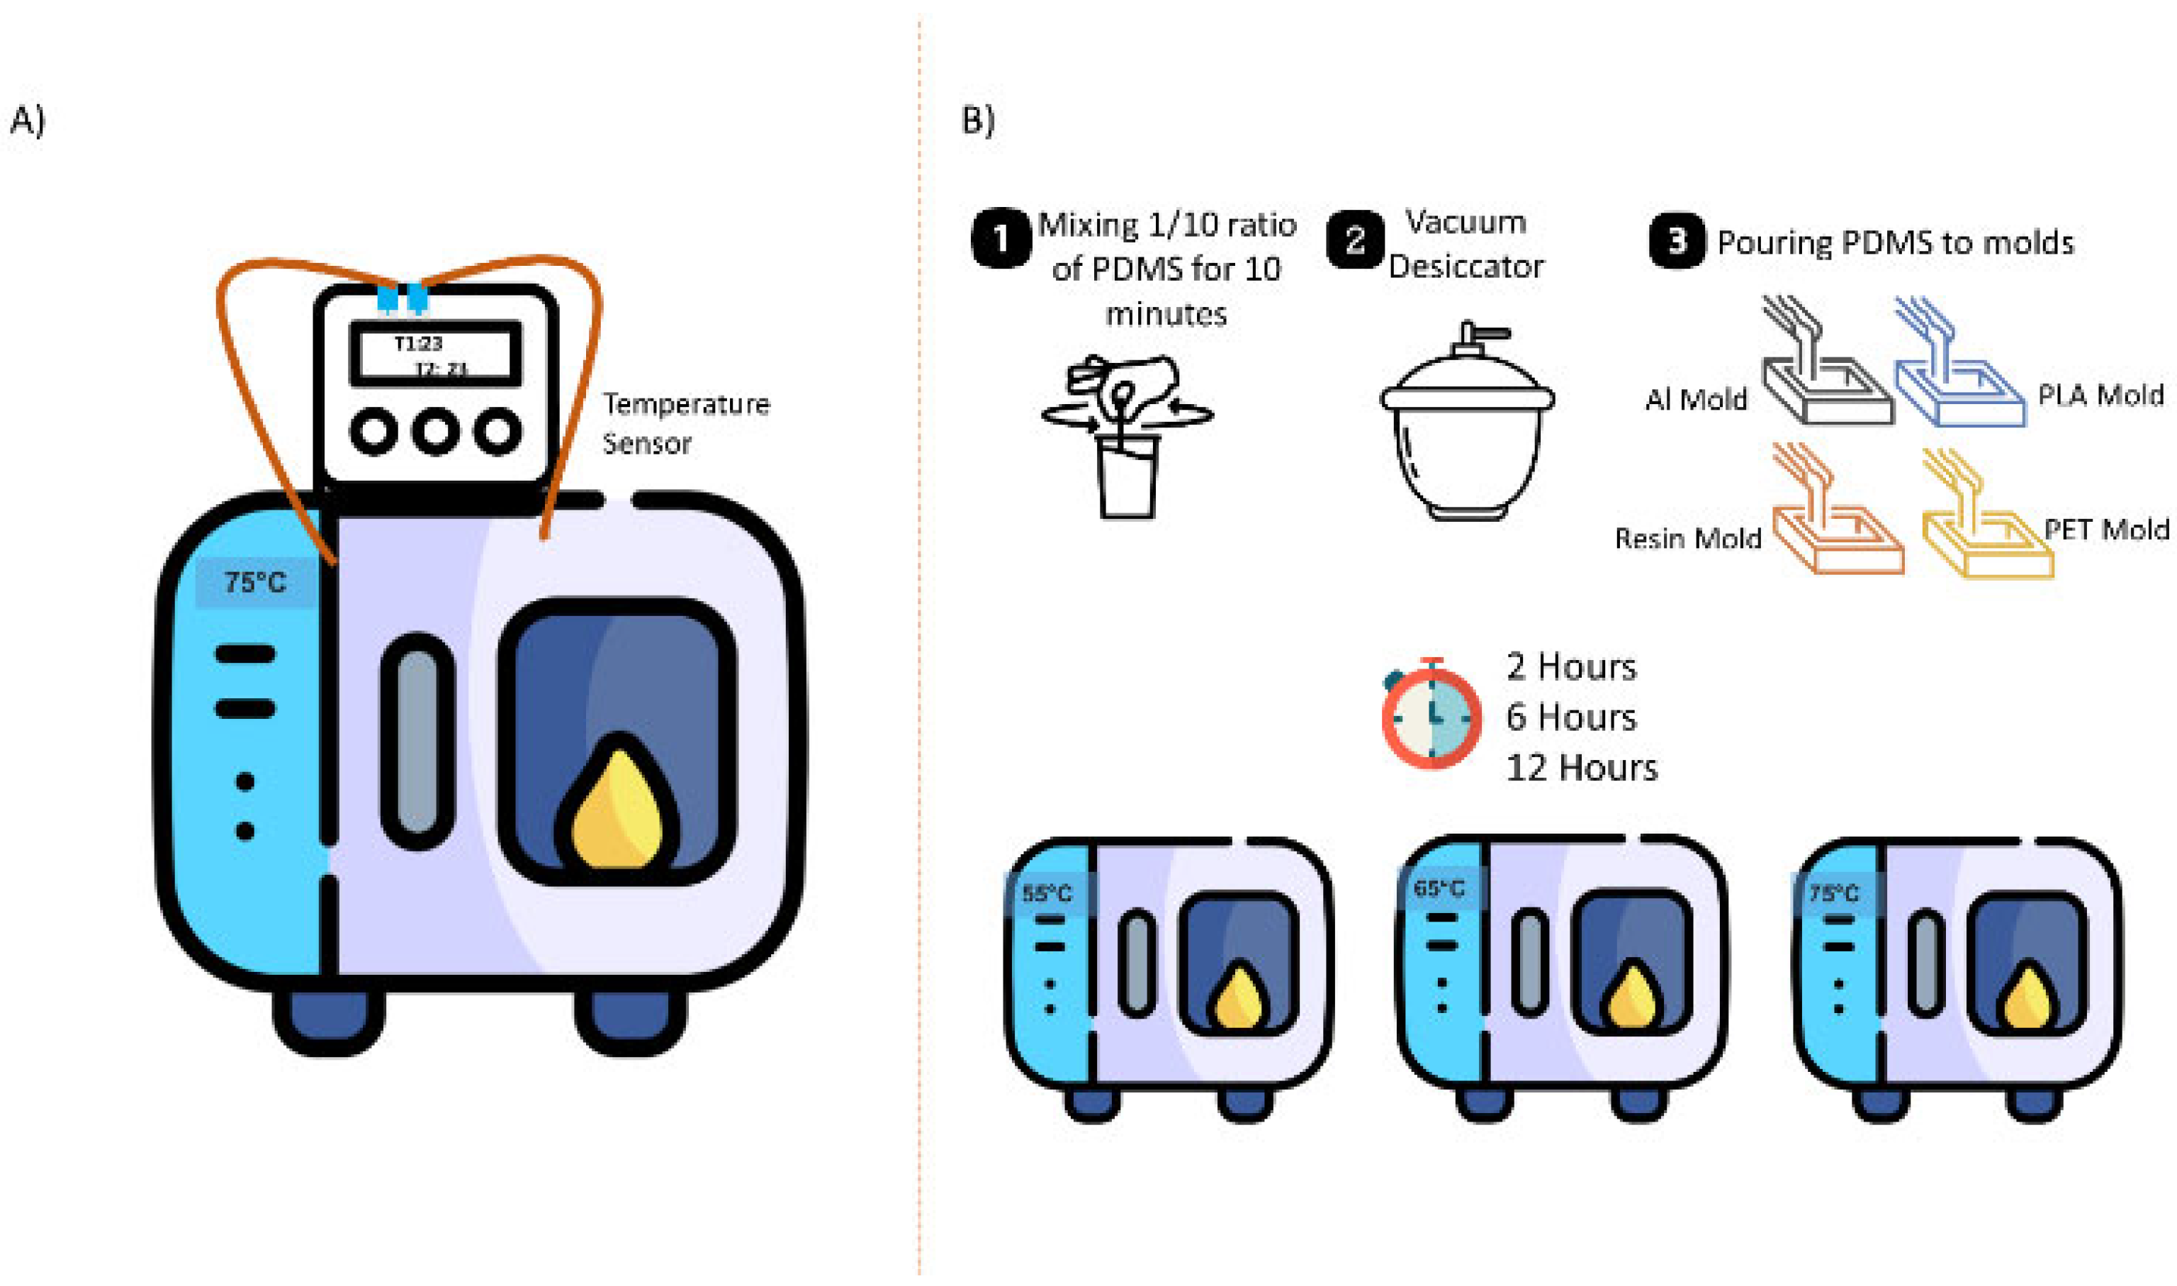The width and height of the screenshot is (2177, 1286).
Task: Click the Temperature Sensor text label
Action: click(685, 424)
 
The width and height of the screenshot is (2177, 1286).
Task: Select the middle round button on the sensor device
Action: click(435, 431)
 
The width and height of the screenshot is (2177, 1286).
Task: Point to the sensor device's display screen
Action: click(435, 354)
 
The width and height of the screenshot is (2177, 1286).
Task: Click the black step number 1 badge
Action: click(1001, 239)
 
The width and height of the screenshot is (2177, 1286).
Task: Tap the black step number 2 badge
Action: click(1354, 240)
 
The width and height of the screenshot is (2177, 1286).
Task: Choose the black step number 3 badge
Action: click(1676, 241)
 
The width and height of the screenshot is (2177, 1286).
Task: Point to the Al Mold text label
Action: click(1694, 401)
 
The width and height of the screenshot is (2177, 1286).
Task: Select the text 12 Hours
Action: click(1581, 768)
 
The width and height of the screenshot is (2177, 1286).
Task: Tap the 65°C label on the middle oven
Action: click(1438, 889)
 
